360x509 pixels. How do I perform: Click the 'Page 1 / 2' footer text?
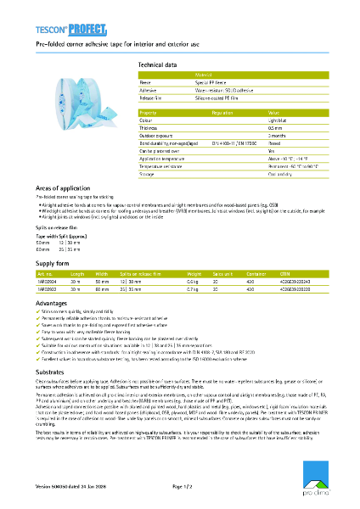tap(183, 486)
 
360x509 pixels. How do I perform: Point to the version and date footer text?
tap(72, 486)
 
